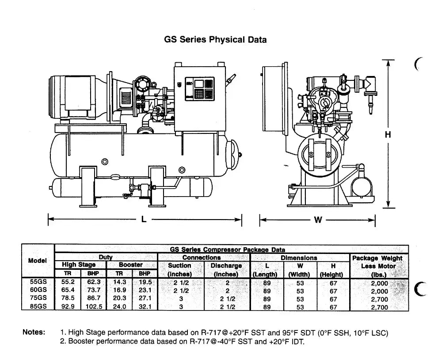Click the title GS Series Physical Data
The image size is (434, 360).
(x=215, y=40)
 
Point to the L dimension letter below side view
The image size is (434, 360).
(x=144, y=220)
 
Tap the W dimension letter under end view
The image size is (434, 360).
(x=318, y=220)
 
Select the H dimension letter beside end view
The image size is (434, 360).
(x=388, y=134)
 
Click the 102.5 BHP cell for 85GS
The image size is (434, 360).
(x=94, y=307)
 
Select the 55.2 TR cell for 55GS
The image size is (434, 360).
(x=68, y=282)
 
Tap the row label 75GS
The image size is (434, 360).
(x=38, y=298)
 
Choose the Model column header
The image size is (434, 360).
(x=38, y=261)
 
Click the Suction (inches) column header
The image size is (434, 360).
(x=179, y=270)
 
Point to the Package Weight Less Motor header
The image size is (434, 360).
(x=377, y=266)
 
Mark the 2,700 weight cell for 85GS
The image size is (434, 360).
(x=380, y=307)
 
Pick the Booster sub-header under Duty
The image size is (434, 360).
(x=131, y=265)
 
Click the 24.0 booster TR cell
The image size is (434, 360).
(x=120, y=307)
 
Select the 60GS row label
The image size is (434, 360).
(x=38, y=290)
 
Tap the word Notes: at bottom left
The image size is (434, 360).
(x=34, y=332)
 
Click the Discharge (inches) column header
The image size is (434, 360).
(x=226, y=270)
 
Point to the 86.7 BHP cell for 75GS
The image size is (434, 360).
(x=94, y=298)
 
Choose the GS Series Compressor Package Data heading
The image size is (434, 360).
(x=228, y=250)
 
